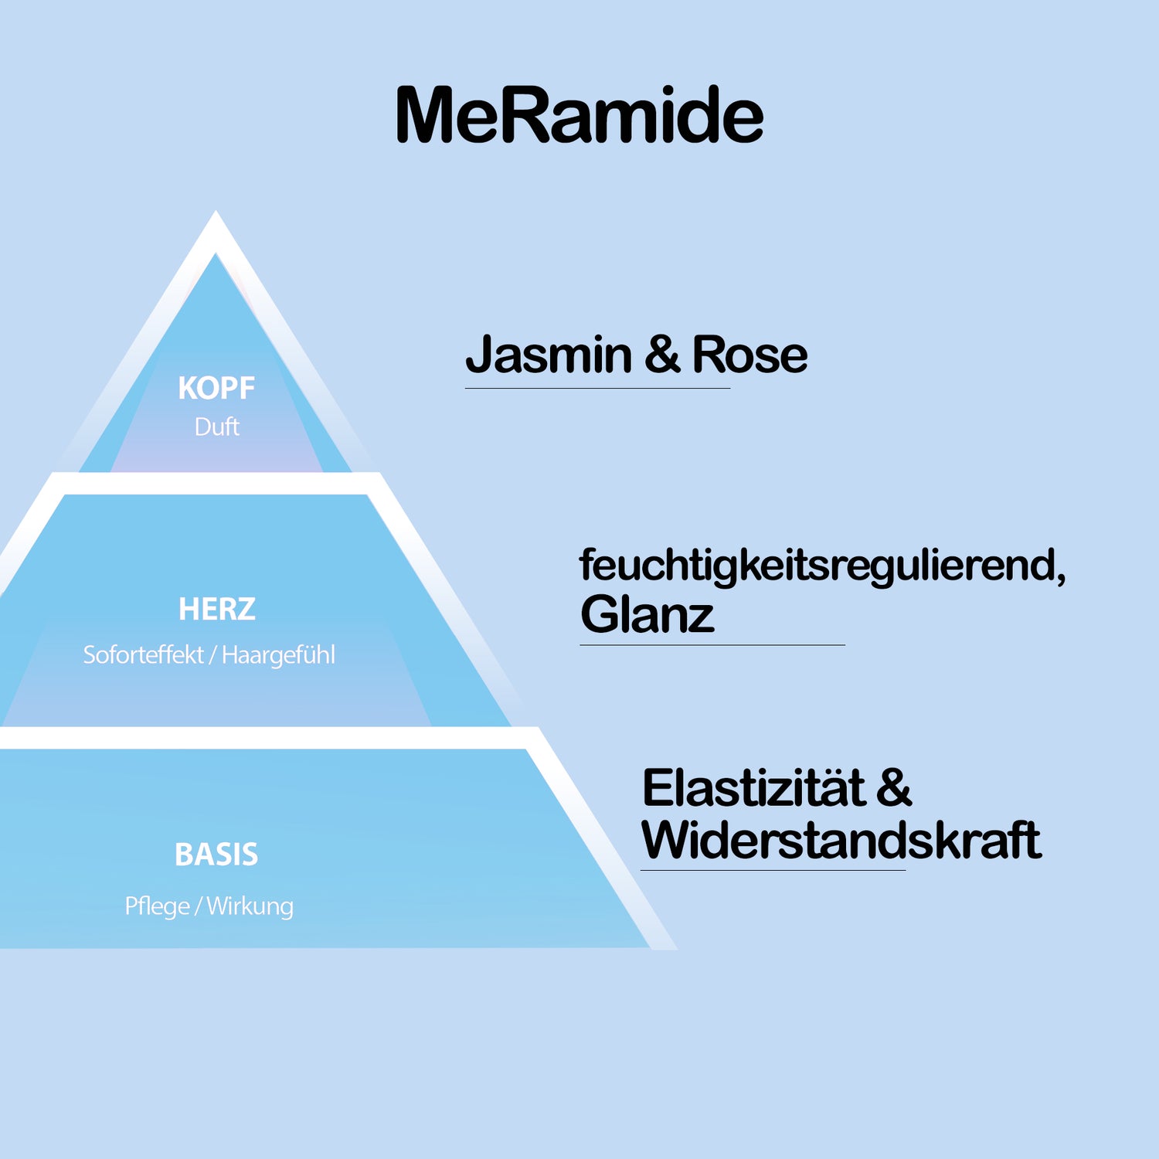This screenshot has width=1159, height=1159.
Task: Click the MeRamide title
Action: click(x=579, y=116)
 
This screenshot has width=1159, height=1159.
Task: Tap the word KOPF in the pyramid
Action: click(x=216, y=388)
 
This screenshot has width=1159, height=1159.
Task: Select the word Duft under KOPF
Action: click(x=217, y=427)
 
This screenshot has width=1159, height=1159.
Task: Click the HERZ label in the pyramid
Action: click(x=217, y=609)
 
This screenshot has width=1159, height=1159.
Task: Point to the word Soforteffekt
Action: click(x=144, y=655)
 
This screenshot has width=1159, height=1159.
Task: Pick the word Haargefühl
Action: click(x=278, y=655)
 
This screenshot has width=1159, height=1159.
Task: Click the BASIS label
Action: click(x=216, y=855)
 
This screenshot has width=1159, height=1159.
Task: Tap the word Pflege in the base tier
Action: click(x=158, y=906)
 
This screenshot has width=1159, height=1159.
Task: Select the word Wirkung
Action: click(x=250, y=906)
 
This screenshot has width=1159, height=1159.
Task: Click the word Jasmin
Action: click(x=549, y=355)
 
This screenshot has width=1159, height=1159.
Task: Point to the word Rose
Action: click(x=749, y=355)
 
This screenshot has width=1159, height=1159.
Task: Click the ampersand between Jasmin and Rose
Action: click(x=662, y=355)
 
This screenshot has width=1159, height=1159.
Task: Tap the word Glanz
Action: click(x=647, y=615)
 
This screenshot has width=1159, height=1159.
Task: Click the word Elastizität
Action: click(x=753, y=789)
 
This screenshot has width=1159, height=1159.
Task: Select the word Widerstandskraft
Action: click(x=841, y=840)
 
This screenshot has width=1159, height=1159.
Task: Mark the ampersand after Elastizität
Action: click(x=894, y=789)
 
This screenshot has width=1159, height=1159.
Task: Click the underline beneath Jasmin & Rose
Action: click(x=597, y=388)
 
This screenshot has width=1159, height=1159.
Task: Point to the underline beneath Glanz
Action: click(x=712, y=644)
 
